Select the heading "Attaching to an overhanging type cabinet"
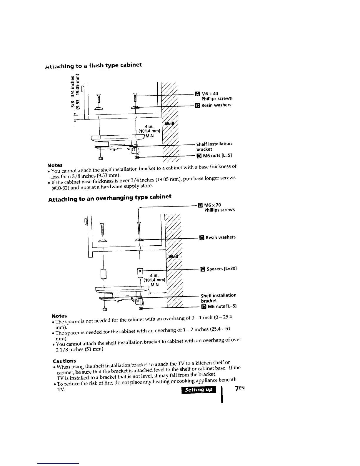tap(110, 198)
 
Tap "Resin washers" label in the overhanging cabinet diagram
tap(221, 237)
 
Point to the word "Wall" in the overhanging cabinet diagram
tap(173, 256)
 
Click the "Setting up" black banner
tap(199, 390)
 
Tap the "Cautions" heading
tap(64, 361)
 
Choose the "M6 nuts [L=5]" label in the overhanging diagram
tap(222, 307)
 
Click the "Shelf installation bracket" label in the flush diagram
tap(214, 146)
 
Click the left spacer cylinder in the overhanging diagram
tap(103, 274)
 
